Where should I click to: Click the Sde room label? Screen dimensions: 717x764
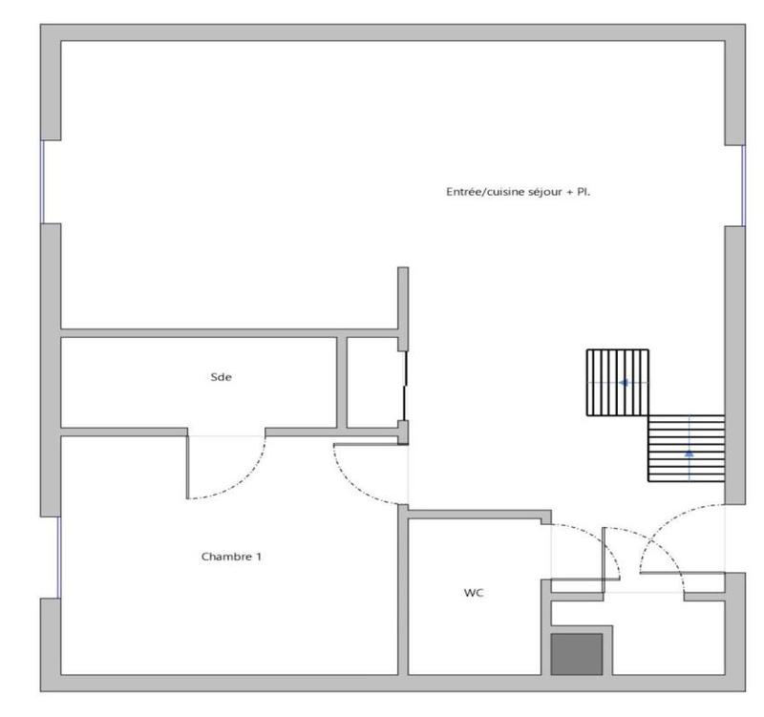pyautogui.click(x=221, y=377)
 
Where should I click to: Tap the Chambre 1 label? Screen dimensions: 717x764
pyautogui.click(x=231, y=556)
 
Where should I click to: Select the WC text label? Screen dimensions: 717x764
pyautogui.click(x=474, y=593)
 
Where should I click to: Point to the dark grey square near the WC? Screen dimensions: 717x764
pyautogui.click(x=577, y=654)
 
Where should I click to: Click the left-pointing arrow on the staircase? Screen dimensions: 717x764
pyautogui.click(x=623, y=383)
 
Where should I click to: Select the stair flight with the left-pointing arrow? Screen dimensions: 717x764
pyautogui.click(x=617, y=383)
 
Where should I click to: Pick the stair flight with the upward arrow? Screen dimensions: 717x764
pyautogui.click(x=686, y=448)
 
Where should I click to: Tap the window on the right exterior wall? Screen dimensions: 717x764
pyautogui.click(x=743, y=185)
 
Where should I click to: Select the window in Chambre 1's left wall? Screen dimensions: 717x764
pyautogui.click(x=58, y=557)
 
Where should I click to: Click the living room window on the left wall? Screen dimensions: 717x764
pyautogui.click(x=41, y=181)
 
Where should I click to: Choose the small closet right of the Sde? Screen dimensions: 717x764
pyautogui.click(x=372, y=382)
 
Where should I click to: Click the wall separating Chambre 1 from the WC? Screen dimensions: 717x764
pyautogui.click(x=403, y=592)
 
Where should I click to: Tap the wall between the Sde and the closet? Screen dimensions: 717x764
pyautogui.click(x=342, y=382)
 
